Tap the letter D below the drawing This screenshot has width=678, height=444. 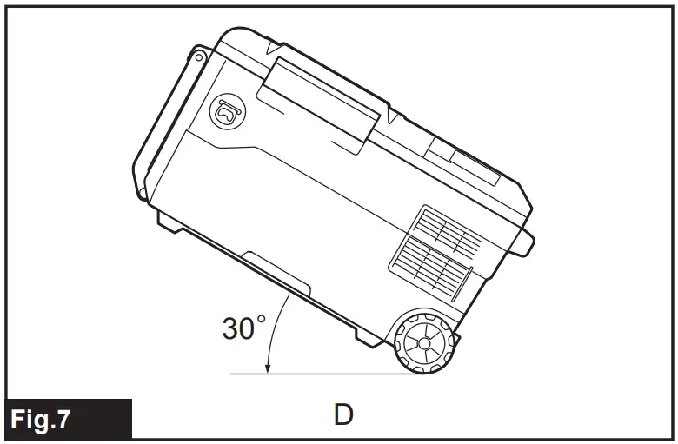[x=343, y=415]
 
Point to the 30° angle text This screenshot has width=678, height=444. [x=243, y=328]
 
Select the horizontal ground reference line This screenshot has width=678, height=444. [x=330, y=374]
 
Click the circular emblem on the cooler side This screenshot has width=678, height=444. [x=227, y=109]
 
